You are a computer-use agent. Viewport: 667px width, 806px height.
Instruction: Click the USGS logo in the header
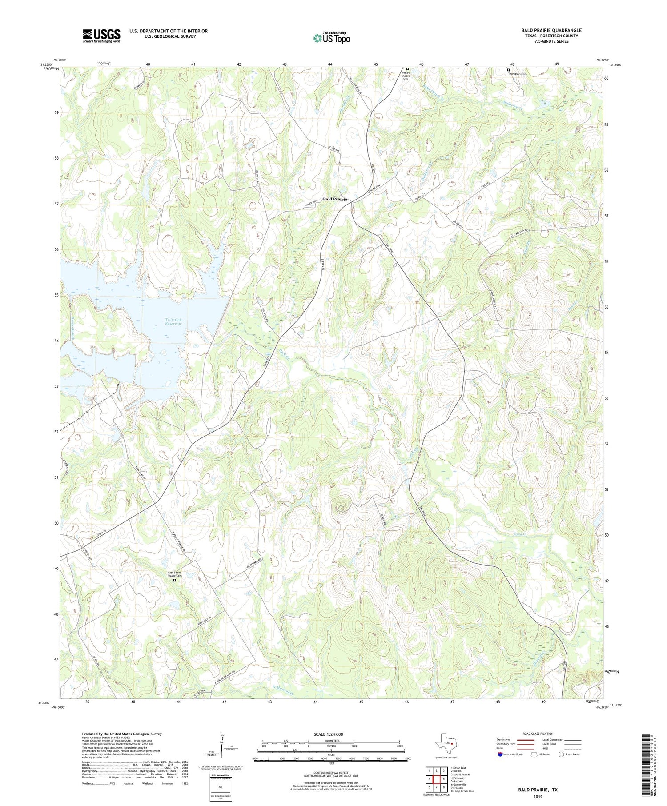(x=101, y=36)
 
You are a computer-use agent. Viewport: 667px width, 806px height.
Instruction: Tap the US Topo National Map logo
(x=331, y=38)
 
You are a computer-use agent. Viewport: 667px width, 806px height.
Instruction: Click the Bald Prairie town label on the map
(x=334, y=199)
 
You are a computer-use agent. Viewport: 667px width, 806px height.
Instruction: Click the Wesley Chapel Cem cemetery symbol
(x=407, y=68)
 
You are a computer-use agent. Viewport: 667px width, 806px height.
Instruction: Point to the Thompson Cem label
(x=518, y=74)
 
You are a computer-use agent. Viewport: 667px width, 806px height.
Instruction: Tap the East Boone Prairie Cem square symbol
(x=174, y=580)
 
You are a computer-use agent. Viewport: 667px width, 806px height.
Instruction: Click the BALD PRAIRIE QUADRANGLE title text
(x=551, y=30)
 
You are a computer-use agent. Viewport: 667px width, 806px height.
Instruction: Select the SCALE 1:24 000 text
(x=328, y=734)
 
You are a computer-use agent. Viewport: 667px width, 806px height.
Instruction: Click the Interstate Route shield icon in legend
(x=501, y=754)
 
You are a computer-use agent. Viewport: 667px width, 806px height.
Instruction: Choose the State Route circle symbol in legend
(x=562, y=754)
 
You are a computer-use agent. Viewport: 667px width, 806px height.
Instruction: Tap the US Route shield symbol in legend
(x=534, y=754)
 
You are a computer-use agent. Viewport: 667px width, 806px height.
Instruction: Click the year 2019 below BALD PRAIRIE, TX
(x=537, y=796)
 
